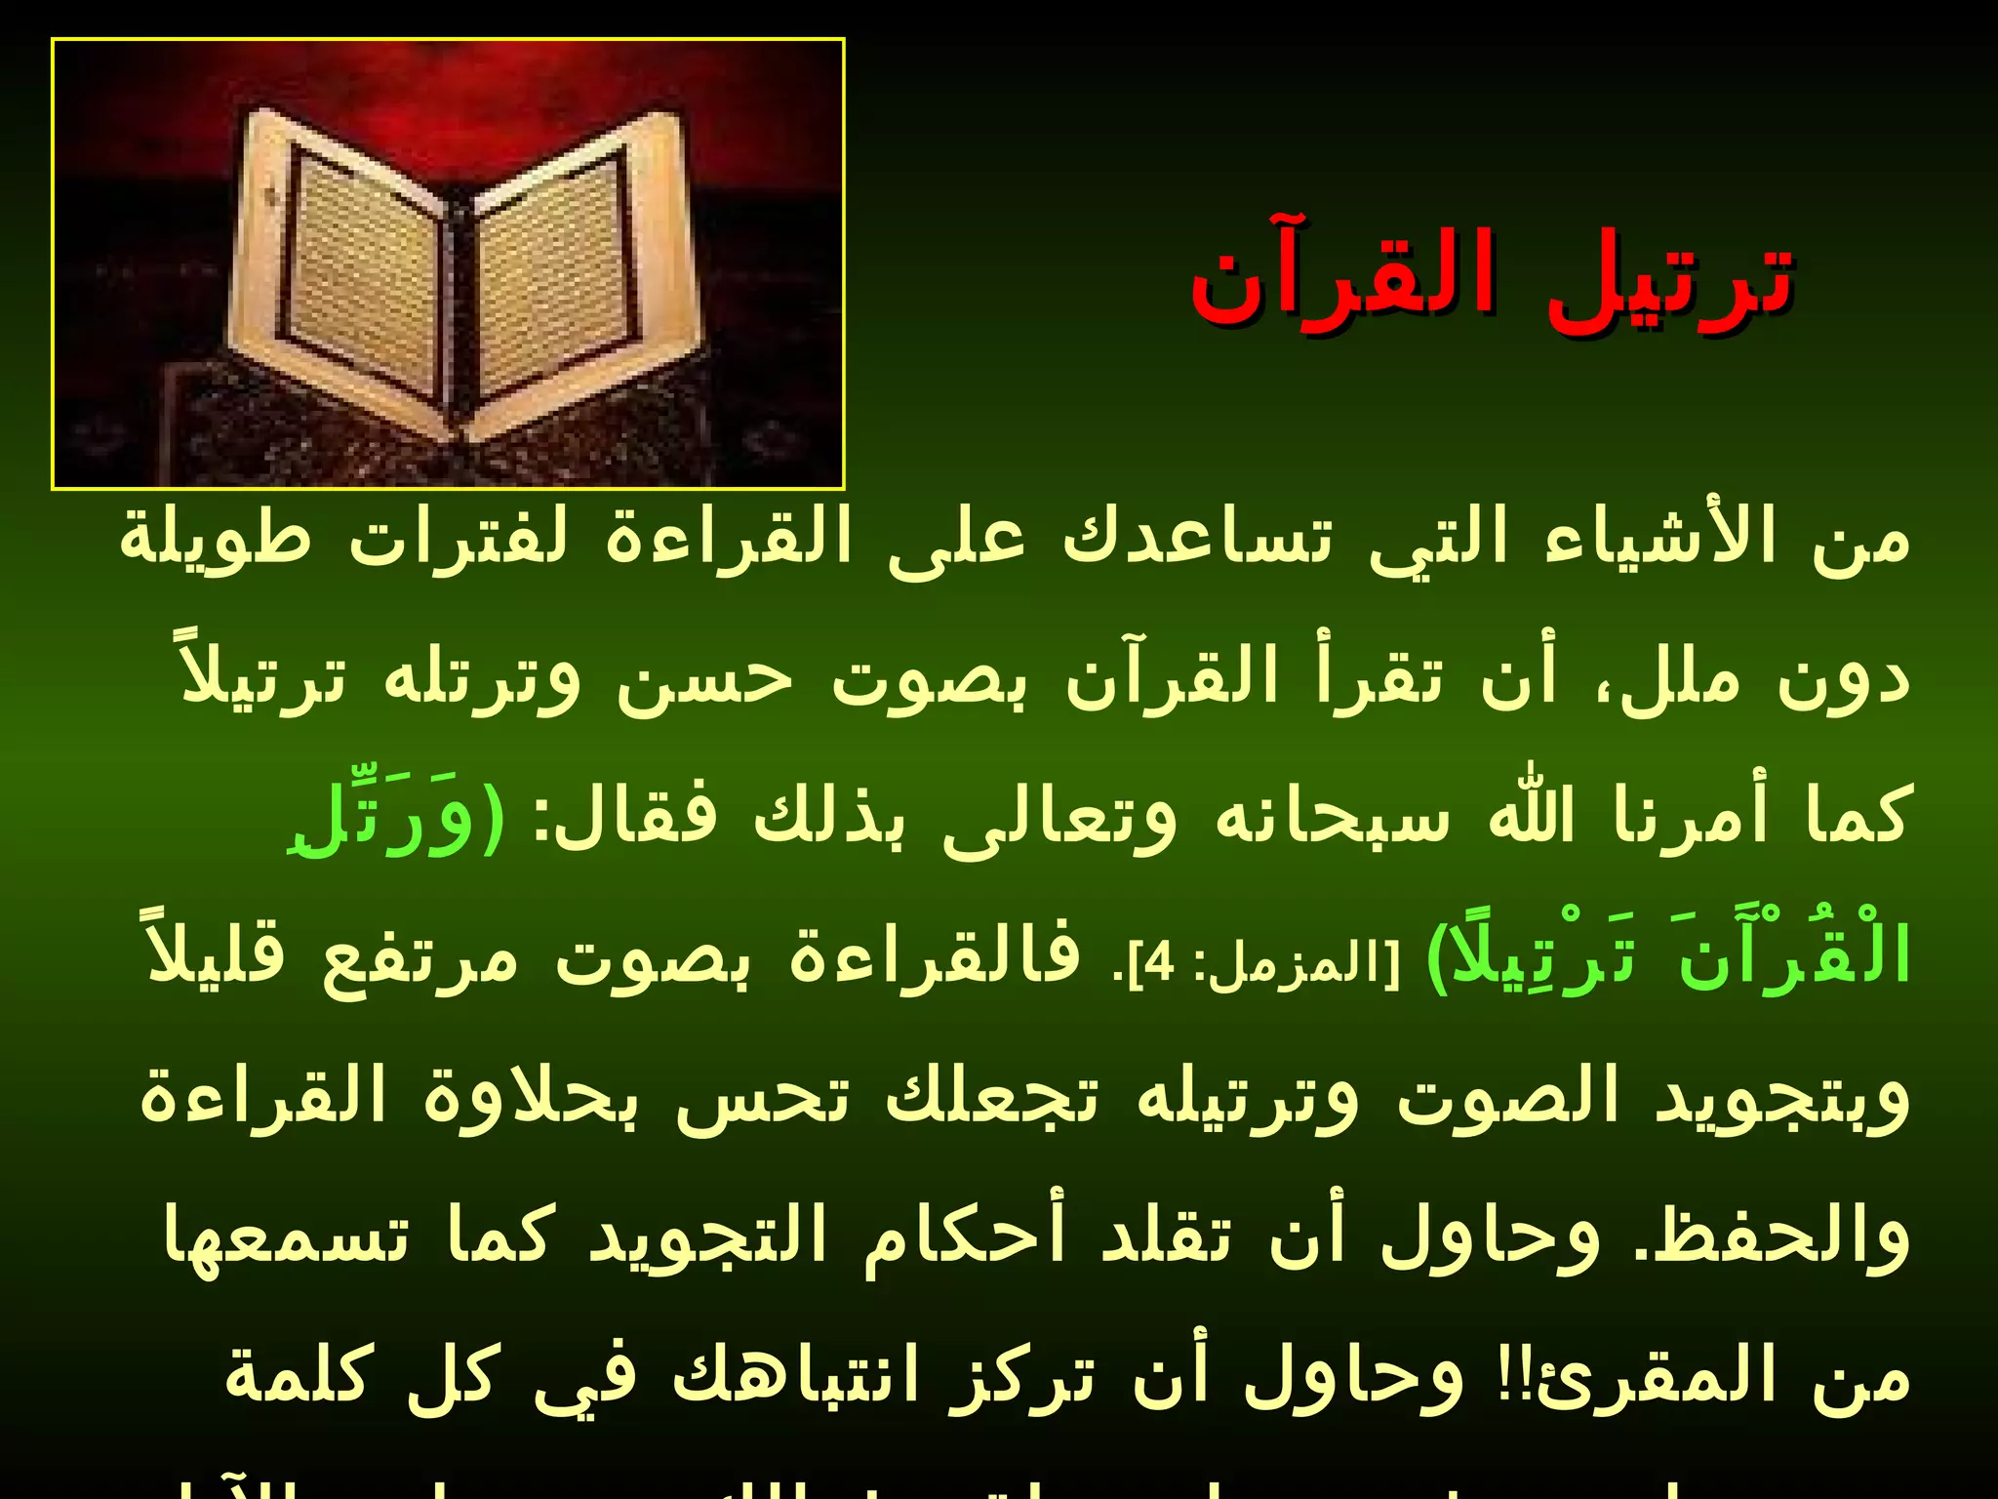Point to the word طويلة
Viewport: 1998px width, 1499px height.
[216, 538]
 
